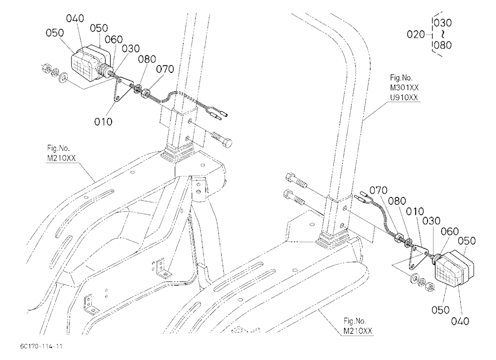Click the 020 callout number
(416, 34)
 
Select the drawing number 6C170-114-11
(41, 346)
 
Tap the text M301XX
(404, 87)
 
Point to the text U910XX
(404, 97)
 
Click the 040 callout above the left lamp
(75, 19)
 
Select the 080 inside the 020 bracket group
(442, 45)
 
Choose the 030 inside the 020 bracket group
(442, 23)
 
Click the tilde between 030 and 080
(443, 34)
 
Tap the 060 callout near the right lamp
(449, 232)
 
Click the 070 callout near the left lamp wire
(165, 69)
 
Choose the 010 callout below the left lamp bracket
(103, 121)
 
